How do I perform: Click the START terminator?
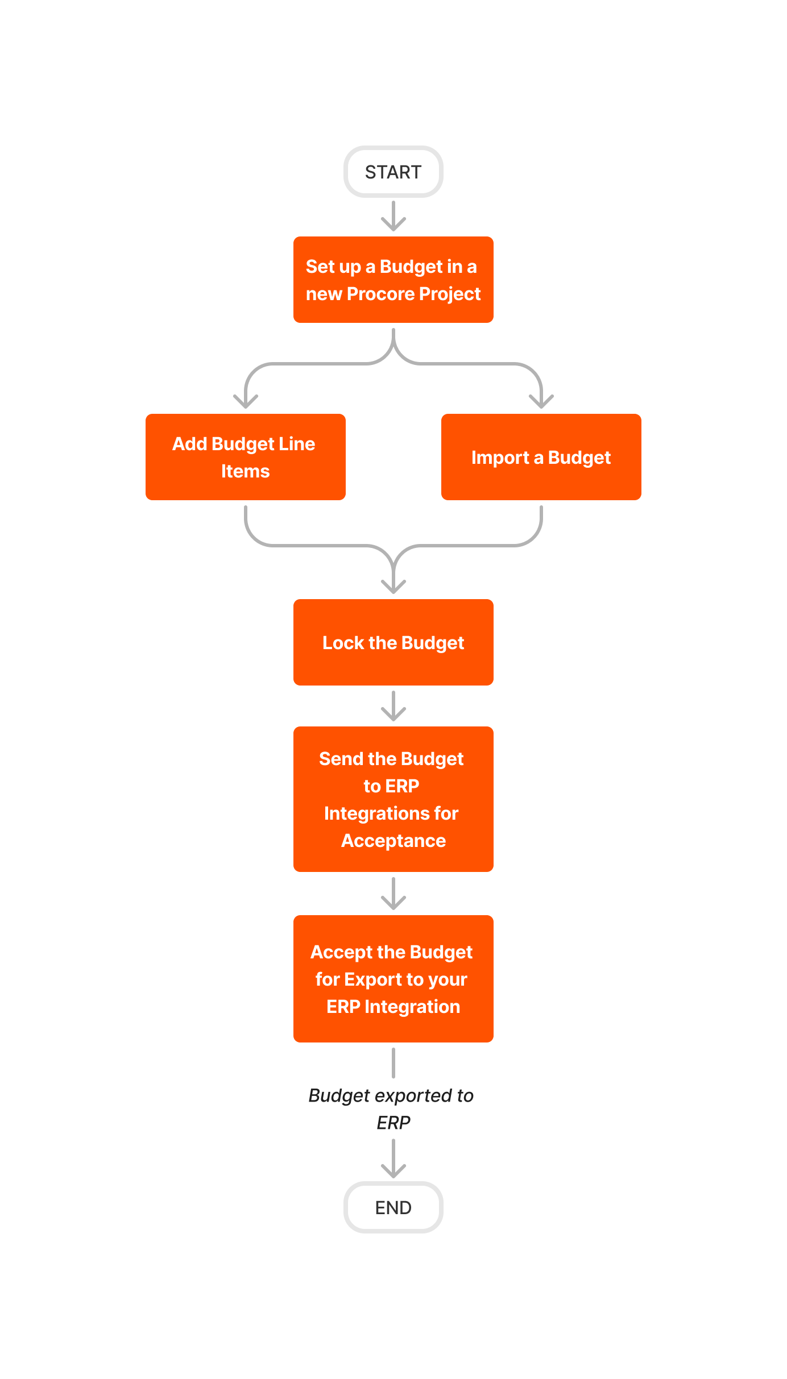click(393, 172)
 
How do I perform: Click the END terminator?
click(393, 1207)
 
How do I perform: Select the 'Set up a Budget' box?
click(393, 280)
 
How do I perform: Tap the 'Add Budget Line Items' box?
click(245, 457)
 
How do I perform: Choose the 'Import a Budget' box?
click(541, 457)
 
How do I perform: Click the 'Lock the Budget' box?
click(393, 642)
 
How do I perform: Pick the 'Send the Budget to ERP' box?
click(393, 799)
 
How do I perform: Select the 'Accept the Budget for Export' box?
click(393, 979)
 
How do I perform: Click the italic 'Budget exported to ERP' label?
click(392, 1108)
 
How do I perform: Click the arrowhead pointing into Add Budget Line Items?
click(246, 402)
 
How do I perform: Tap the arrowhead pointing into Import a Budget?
click(541, 402)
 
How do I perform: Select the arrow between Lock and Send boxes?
click(393, 707)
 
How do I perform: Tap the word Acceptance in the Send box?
click(393, 841)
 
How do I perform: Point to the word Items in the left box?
click(245, 471)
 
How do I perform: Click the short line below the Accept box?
click(393, 1063)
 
